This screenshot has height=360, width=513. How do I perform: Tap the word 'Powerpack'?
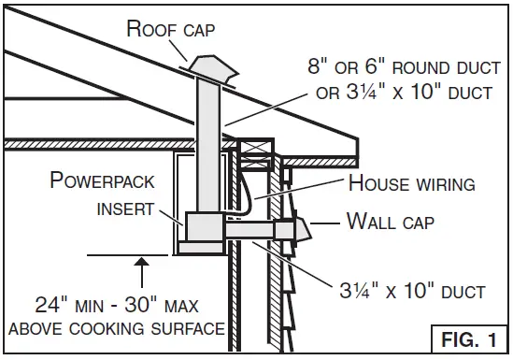[102, 180]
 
